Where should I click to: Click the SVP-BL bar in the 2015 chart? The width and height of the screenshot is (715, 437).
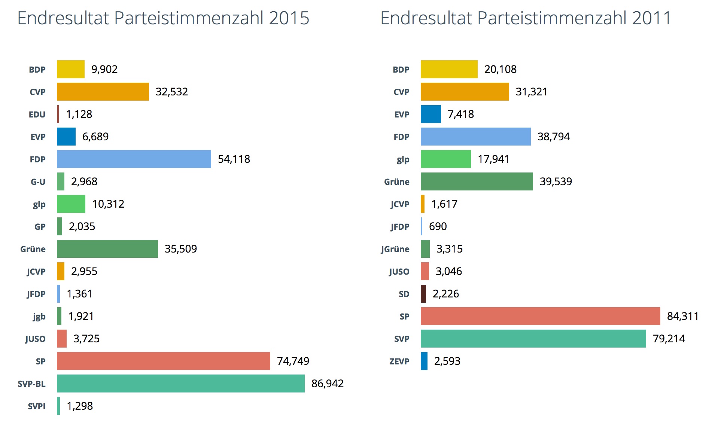[180, 383]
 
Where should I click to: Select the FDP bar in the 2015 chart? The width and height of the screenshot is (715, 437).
[134, 159]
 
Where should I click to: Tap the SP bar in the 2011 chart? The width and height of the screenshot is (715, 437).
[540, 316]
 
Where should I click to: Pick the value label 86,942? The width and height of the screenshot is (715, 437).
[327, 383]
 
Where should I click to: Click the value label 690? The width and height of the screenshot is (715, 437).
[438, 226]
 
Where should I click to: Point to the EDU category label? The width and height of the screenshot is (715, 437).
[37, 114]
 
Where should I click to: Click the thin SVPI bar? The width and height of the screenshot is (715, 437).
[58, 406]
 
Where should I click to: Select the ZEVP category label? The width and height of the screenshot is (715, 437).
[399, 361]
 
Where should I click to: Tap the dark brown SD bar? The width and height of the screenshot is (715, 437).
[423, 294]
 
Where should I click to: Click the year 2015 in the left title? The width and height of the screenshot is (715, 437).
[289, 18]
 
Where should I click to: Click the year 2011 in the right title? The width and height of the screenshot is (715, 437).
[652, 18]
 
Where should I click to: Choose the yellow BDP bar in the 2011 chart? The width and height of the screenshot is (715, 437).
[449, 69]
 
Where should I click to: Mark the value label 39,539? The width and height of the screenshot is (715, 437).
[556, 181]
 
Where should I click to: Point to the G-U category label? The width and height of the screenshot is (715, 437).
[38, 182]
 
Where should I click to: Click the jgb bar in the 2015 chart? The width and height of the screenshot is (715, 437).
[59, 316]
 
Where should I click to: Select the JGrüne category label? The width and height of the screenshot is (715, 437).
[395, 249]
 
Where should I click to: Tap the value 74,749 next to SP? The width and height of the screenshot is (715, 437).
[293, 361]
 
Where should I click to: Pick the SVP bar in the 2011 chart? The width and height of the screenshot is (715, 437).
[533, 339]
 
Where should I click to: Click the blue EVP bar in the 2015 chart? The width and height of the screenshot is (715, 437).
[66, 137]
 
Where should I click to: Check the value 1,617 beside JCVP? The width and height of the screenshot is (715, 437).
[444, 204]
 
